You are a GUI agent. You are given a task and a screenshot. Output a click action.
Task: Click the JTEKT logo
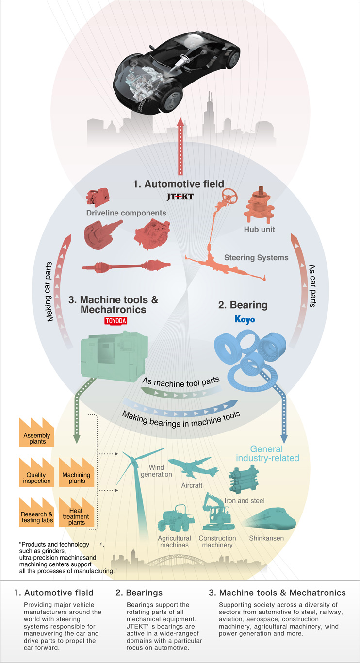point(180,197)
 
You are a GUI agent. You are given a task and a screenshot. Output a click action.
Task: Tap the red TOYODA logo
point(115,321)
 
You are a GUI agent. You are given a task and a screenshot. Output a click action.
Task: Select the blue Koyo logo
point(245,319)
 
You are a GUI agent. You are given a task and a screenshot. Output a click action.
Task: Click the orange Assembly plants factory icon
point(37,432)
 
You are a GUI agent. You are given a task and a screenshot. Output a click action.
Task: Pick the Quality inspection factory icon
point(37,472)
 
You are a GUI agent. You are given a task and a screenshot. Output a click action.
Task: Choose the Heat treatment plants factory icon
point(77,512)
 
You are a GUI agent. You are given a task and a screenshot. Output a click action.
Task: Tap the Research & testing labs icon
point(37,512)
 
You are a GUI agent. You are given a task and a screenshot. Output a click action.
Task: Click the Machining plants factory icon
point(77,472)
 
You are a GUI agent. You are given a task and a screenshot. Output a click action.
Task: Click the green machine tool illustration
point(114,356)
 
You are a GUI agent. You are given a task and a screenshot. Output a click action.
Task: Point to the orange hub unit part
point(259,205)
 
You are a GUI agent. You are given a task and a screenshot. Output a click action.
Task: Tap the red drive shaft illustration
point(126,266)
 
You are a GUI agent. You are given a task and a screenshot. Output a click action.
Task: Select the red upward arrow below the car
point(180,146)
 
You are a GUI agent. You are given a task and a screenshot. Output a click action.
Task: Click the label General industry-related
point(267,453)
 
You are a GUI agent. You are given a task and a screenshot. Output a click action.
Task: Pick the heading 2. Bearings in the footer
point(139,593)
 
